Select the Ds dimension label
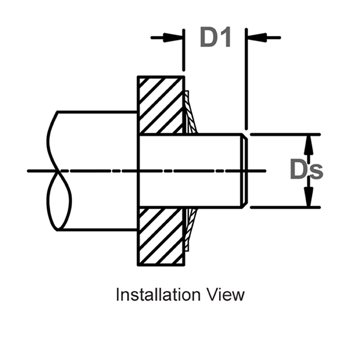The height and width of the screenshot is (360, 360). click(306, 170)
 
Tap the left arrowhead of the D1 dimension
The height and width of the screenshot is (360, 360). click(177, 37)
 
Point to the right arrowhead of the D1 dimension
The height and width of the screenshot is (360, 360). click(252, 37)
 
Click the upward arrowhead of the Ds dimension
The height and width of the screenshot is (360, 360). click(309, 143)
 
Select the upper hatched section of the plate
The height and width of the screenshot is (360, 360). click(161, 105)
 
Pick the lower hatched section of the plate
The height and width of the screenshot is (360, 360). click(161, 237)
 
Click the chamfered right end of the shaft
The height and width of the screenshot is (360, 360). click(243, 171)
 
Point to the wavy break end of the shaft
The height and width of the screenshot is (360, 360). click(57, 171)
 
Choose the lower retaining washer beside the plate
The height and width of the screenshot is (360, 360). click(189, 227)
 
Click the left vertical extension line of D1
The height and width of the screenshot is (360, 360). click(184, 54)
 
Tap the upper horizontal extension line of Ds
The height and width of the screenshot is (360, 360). click(282, 134)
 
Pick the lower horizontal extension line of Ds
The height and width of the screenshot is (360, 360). click(282, 208)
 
